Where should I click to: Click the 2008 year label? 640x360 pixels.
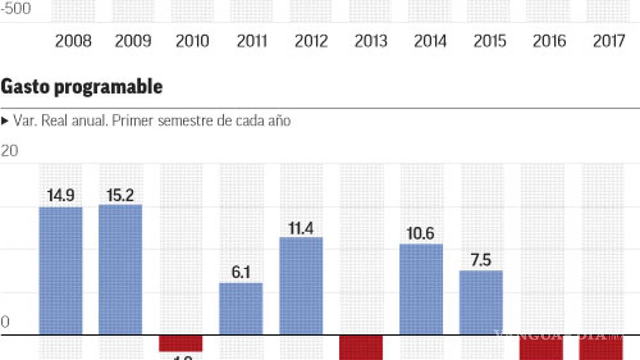pyautogui.click(x=73, y=41)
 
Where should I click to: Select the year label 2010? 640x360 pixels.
pyautogui.click(x=192, y=41)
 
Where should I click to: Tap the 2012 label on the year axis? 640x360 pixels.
pyautogui.click(x=311, y=41)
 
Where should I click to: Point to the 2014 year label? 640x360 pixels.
pyautogui.click(x=430, y=41)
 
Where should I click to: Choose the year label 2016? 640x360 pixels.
pyautogui.click(x=550, y=41)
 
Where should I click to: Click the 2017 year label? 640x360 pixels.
pyautogui.click(x=609, y=41)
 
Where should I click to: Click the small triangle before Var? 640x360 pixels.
pyautogui.click(x=5, y=121)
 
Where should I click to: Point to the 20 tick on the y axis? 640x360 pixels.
pyautogui.click(x=9, y=151)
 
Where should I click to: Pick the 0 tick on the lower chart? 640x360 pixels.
pyautogui.click(x=6, y=322)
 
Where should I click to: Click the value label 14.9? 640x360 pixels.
pyautogui.click(x=61, y=196)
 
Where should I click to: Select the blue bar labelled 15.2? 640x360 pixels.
pyautogui.click(x=121, y=269)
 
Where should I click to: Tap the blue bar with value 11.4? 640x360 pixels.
pyautogui.click(x=301, y=286)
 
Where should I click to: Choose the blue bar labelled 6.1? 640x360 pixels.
pyautogui.click(x=241, y=309)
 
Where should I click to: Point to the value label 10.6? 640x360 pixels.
pyautogui.click(x=421, y=233)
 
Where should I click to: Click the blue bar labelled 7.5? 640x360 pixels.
pyautogui.click(x=481, y=303)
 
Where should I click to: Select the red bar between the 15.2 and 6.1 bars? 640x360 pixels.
pyautogui.click(x=181, y=343)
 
